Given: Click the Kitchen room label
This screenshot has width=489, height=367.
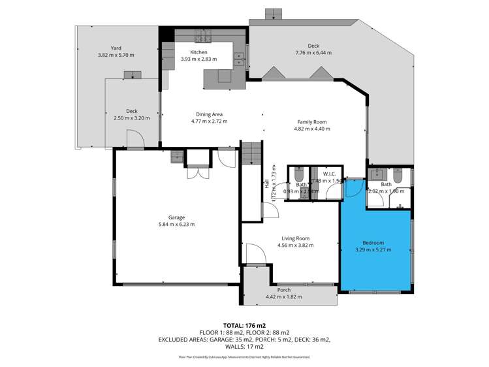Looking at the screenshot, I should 198,52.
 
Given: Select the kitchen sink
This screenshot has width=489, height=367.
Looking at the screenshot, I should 239,59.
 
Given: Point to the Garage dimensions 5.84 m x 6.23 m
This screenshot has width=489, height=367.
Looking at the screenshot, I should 176,224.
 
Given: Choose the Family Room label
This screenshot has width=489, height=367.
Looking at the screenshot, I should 311,122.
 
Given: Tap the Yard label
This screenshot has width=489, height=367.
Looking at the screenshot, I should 116,48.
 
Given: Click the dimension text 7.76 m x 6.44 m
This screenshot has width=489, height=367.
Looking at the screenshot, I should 313,53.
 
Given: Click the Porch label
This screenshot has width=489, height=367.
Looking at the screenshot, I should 284,290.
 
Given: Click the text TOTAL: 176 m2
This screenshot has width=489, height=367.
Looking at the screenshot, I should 244,325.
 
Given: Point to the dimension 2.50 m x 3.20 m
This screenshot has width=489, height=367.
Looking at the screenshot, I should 132,118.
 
